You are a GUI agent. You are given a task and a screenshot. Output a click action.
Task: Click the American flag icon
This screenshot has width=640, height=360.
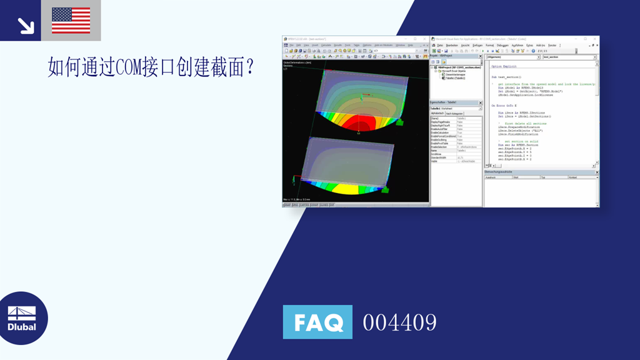[71, 20]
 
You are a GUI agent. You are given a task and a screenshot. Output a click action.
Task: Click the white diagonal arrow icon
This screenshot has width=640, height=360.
[26, 26]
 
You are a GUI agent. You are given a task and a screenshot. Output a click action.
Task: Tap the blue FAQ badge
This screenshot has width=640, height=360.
[317, 322]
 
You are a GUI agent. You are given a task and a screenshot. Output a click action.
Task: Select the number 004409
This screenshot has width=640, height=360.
[399, 322]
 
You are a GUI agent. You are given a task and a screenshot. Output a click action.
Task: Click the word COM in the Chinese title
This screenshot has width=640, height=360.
[131, 66]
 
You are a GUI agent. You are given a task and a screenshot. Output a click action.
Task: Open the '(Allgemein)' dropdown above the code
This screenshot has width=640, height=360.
[512, 57]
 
